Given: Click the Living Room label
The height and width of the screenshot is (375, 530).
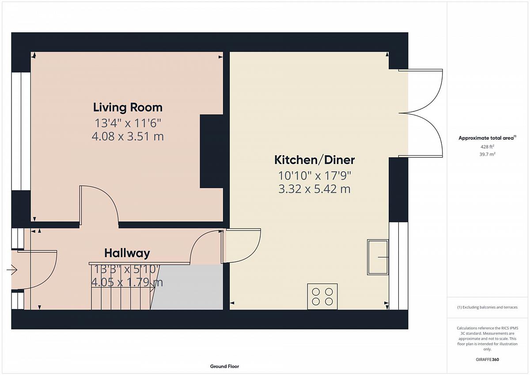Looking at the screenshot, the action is click(128, 107).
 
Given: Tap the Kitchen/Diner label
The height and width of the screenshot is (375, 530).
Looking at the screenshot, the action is click(314, 160).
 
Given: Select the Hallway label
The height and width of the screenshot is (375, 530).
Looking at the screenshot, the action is click(127, 253).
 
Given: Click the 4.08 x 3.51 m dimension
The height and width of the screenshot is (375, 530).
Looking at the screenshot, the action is click(128, 136).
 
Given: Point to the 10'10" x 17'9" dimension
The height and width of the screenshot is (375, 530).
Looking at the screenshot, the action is click(314, 176).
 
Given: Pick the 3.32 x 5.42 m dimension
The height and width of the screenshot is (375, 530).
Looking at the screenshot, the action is click(314, 189).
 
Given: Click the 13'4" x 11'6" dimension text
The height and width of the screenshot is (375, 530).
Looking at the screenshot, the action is click(128, 123).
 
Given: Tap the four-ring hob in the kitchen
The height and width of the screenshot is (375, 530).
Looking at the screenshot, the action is click(322, 296).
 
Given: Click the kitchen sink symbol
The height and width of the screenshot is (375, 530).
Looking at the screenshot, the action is click(378, 257).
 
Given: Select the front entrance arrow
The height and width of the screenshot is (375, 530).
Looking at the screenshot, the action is click(12, 270).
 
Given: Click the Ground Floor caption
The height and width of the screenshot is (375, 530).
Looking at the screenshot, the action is click(224, 366).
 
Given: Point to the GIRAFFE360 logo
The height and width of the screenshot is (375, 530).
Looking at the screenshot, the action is click(487, 360).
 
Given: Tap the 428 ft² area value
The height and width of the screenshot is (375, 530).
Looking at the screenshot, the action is click(487, 147).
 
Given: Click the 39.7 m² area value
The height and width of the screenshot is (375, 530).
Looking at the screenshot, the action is click(487, 154).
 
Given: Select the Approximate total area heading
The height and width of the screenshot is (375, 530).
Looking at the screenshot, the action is click(487, 138).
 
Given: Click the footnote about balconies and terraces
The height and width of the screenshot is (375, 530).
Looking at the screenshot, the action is click(487, 307).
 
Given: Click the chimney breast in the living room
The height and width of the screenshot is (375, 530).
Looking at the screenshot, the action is click(212, 151).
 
